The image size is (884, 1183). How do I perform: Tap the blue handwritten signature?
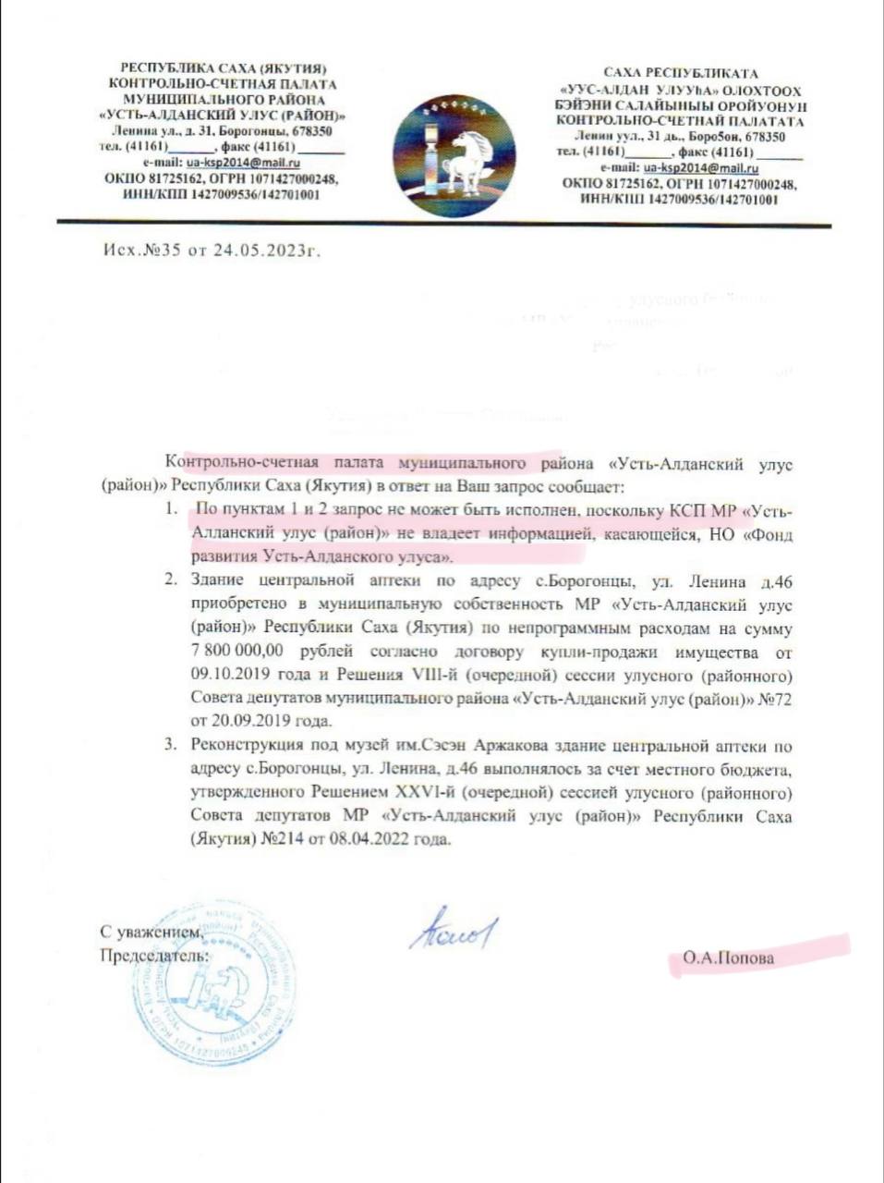[x=454, y=929]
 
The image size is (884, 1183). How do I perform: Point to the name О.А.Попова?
[x=728, y=957]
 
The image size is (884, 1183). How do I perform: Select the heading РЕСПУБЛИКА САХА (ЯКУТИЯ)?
[x=224, y=68]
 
